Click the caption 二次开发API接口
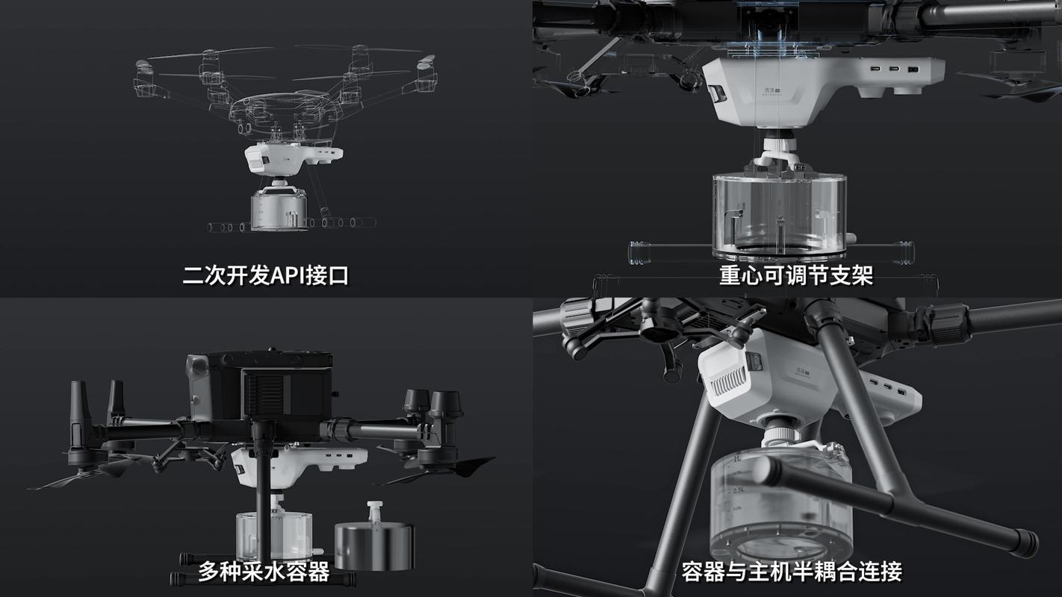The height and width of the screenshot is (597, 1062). click(265, 276)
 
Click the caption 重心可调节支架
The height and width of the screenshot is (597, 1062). click(796, 276)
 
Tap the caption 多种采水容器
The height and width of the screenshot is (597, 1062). click(263, 572)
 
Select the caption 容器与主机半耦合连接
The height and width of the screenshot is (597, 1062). click(792, 572)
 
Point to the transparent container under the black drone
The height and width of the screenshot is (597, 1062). click(274, 533)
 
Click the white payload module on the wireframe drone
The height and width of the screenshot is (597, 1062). click(293, 157)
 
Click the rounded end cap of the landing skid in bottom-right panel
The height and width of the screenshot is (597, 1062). click(1025, 543)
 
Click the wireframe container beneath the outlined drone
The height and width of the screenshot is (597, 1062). click(279, 209)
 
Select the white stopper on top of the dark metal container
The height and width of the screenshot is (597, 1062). click(373, 513)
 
